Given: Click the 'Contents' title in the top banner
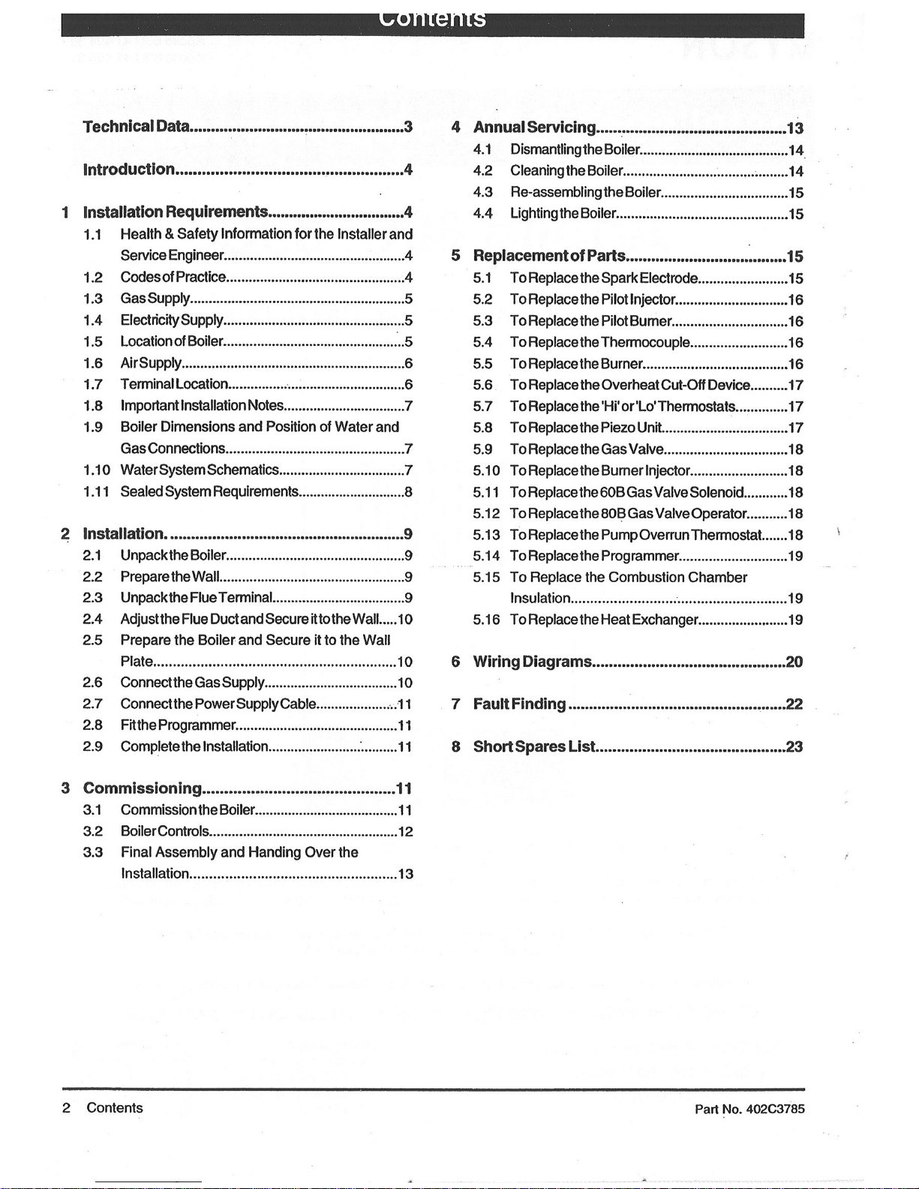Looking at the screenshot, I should (433, 18).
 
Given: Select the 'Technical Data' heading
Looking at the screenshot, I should (136, 126).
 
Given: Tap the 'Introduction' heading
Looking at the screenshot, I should (128, 170).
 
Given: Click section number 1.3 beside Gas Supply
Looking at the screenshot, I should (93, 299).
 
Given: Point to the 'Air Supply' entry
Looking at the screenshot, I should (151, 363).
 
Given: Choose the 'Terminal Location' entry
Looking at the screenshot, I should (174, 384).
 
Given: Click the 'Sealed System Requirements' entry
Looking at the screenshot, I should (209, 492).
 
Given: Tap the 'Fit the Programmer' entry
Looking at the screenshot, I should (179, 725).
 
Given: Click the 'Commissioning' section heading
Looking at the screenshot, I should (143, 788).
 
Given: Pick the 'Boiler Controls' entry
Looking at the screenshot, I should (164, 831).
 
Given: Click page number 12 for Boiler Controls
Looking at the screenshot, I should (405, 832).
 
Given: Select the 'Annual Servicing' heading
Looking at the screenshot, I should (534, 128).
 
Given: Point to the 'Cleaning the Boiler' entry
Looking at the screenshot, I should (566, 171).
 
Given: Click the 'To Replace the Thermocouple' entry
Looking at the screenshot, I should (599, 343).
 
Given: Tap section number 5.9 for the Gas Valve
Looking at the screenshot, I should (482, 449).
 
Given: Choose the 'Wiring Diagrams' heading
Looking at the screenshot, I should (532, 662).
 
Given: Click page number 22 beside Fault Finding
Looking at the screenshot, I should (794, 704).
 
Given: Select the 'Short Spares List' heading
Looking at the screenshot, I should (534, 746).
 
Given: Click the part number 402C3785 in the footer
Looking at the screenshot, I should (775, 1109).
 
